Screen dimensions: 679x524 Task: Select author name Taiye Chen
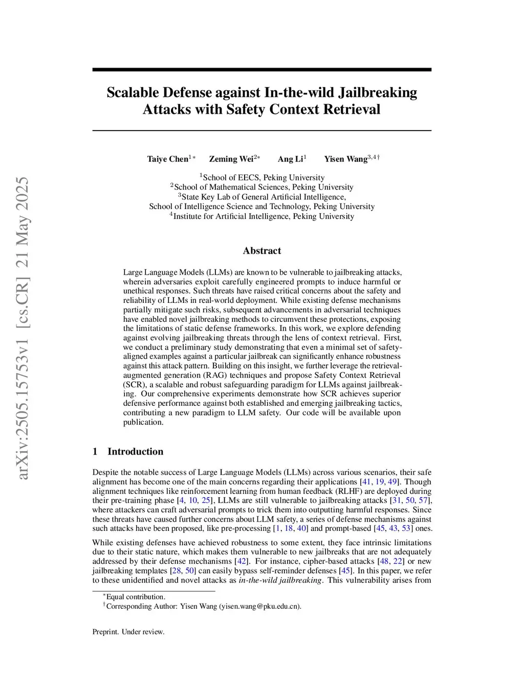point(168,159)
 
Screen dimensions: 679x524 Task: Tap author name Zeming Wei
point(231,159)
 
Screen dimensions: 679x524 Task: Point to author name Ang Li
point(290,159)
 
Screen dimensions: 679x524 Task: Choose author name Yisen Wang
point(346,159)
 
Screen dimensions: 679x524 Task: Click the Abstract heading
point(262,251)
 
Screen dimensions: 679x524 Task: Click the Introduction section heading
point(135,451)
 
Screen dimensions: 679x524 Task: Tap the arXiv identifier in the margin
point(23,328)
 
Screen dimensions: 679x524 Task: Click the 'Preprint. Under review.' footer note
point(128,632)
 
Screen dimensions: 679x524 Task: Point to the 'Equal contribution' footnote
point(136,596)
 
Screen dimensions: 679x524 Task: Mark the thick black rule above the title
point(262,69)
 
